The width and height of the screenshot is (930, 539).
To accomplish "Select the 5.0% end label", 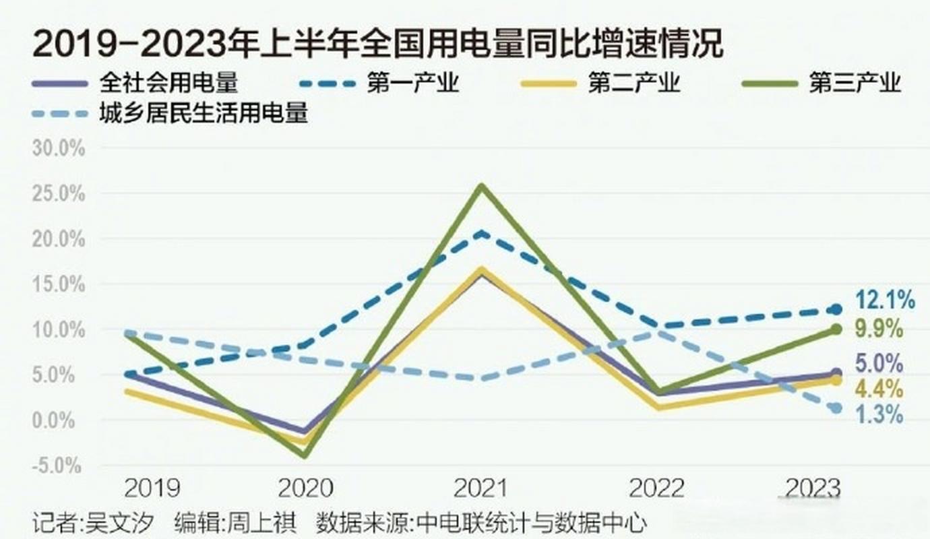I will (x=879, y=364).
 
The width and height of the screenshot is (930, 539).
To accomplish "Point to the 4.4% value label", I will (x=879, y=389).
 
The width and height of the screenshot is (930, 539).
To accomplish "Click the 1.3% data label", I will (x=879, y=415).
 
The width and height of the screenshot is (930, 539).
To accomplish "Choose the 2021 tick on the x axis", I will (x=480, y=488).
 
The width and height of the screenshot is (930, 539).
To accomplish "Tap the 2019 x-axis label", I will (x=152, y=488).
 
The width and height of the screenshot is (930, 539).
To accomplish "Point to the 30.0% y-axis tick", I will (x=59, y=149).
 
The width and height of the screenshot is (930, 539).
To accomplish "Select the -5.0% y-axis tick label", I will (x=59, y=466).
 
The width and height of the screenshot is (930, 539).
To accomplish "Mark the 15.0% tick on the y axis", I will (x=59, y=285).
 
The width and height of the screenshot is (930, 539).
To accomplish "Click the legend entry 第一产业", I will (x=412, y=84).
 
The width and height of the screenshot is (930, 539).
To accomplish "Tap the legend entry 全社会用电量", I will (x=168, y=84).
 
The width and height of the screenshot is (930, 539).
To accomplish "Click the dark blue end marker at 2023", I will (x=836, y=310).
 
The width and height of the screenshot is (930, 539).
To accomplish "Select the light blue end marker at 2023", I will (x=836, y=408).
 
